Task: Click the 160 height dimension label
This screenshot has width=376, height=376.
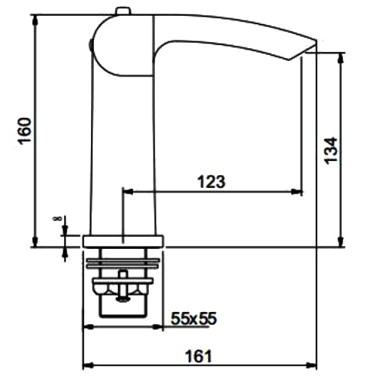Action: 25,131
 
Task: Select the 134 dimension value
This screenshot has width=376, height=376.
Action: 331,150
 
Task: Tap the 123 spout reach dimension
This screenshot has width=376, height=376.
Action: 211,181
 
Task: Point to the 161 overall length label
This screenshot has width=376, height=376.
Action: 199,356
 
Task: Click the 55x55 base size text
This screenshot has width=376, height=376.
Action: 193,319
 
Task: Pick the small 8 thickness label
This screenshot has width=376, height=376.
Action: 57,218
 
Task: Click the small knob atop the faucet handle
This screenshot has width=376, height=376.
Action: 123,11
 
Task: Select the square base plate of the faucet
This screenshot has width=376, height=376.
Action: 123,241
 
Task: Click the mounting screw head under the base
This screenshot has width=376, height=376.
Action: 123,299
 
